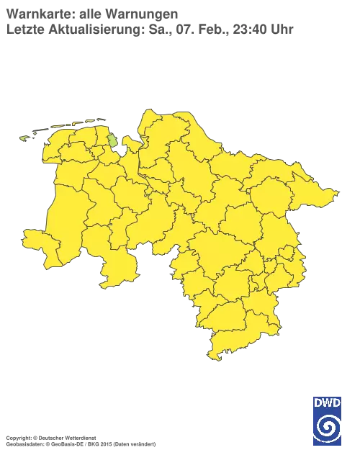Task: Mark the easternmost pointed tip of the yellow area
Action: tap(336, 192)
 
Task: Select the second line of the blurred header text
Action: tap(148, 30)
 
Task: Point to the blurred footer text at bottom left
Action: tap(79, 437)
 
